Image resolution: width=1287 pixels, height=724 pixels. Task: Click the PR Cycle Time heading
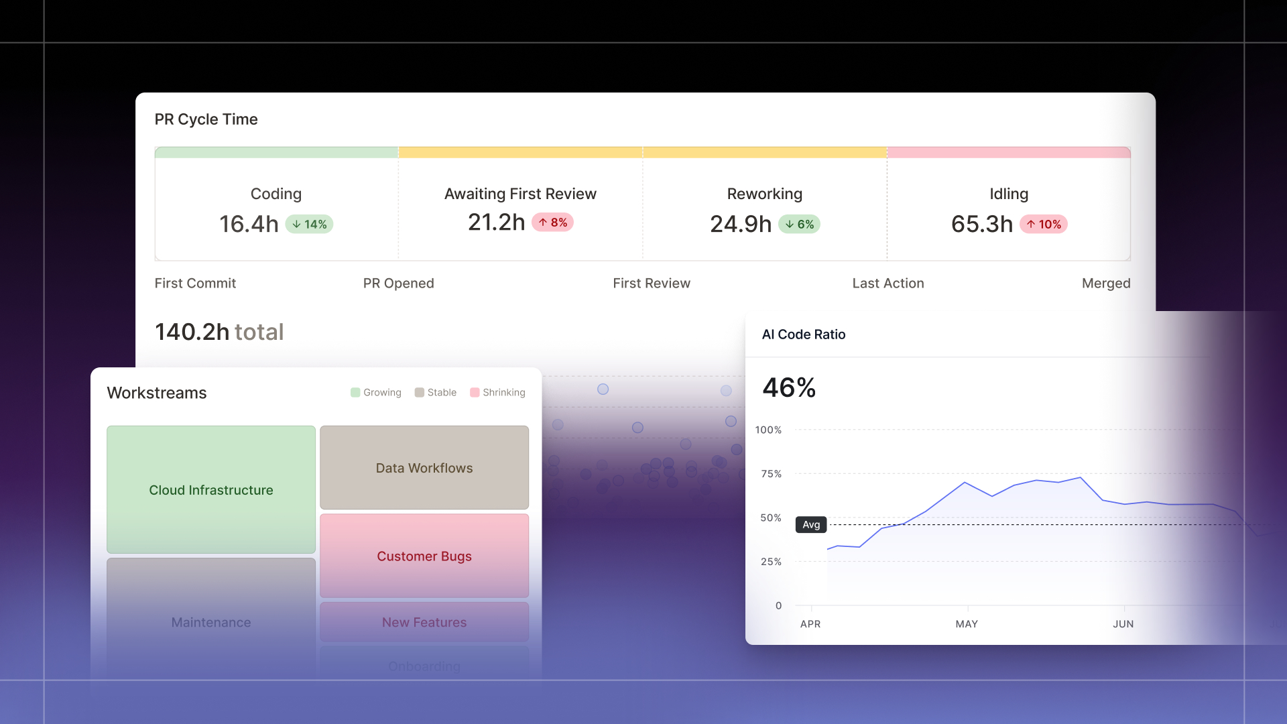point(206,119)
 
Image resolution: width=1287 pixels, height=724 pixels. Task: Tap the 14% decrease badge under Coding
point(309,224)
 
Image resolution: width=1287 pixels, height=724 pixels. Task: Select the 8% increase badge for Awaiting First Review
point(552,223)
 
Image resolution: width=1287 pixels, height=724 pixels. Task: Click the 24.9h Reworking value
point(740,224)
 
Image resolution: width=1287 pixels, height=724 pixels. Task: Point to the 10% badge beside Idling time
point(1043,224)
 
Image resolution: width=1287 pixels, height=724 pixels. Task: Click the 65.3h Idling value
point(981,224)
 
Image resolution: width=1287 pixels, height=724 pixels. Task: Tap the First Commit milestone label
point(195,283)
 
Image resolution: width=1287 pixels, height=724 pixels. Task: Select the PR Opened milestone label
point(398,283)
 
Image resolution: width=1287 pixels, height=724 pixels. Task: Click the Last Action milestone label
point(887,283)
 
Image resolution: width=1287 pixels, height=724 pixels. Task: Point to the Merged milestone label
point(1105,283)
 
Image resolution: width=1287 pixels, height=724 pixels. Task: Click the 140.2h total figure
point(219,332)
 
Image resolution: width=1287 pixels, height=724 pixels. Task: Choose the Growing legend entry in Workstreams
point(376,392)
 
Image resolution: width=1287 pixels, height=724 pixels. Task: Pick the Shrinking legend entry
point(497,392)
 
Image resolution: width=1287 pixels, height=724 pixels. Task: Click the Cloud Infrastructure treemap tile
point(210,490)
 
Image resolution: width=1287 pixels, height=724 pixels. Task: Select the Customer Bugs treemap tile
point(424,556)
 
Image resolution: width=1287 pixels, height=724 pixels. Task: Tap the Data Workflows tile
point(424,468)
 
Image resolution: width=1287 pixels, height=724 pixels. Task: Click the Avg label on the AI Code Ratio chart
point(811,524)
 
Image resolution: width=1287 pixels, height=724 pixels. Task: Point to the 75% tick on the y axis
point(771,474)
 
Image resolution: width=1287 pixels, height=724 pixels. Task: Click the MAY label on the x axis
point(966,624)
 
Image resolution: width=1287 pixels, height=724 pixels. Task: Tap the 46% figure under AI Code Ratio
point(789,387)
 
